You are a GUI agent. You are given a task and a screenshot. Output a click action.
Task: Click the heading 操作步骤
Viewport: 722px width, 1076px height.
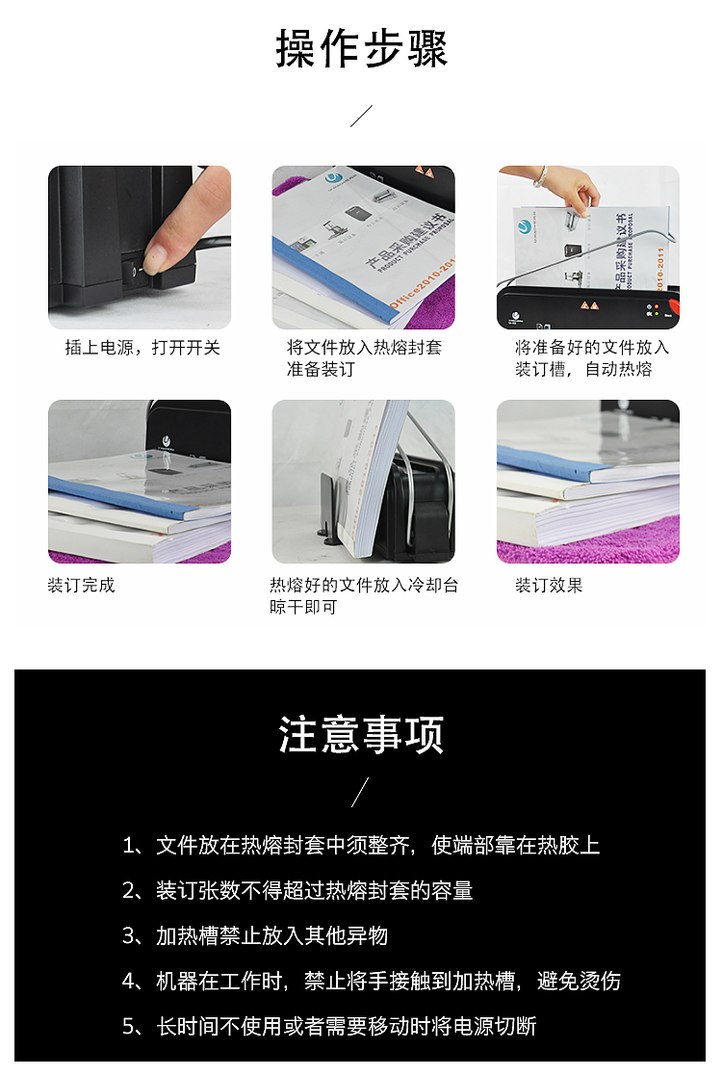click(361, 49)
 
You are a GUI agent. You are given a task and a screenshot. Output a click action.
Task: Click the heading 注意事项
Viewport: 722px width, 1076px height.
click(361, 735)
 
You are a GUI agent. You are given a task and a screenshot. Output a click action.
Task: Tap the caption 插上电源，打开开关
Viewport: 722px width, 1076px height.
click(142, 348)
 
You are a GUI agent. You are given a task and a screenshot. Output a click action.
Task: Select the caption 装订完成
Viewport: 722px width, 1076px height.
click(81, 586)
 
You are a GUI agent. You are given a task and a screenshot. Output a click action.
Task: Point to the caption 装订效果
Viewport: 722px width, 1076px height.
click(549, 586)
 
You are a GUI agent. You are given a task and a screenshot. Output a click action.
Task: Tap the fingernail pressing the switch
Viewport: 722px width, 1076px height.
click(158, 254)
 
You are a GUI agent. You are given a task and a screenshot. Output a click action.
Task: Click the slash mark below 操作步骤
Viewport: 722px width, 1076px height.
click(361, 116)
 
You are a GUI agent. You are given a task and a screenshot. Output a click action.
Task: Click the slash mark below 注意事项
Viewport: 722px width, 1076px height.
click(360, 792)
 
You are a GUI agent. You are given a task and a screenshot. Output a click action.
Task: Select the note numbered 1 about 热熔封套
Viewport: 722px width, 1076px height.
click(361, 846)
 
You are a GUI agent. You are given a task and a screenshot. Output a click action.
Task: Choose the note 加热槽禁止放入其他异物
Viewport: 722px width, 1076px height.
click(255, 936)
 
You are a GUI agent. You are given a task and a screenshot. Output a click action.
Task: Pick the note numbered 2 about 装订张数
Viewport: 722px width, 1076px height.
click(297, 891)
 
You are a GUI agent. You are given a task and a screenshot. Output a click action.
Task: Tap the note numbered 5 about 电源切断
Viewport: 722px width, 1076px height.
click(329, 1027)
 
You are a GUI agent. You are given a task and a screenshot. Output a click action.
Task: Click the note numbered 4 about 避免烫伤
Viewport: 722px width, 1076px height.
click(371, 982)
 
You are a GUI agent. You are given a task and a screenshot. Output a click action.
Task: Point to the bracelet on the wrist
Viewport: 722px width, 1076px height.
click(541, 176)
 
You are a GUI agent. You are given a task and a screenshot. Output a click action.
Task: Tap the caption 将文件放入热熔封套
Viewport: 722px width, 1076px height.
click(364, 348)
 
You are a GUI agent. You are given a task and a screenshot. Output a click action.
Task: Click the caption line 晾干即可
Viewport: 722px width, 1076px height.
click(303, 607)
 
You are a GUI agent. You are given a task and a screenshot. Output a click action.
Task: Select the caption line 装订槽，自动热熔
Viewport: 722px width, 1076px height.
click(583, 370)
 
